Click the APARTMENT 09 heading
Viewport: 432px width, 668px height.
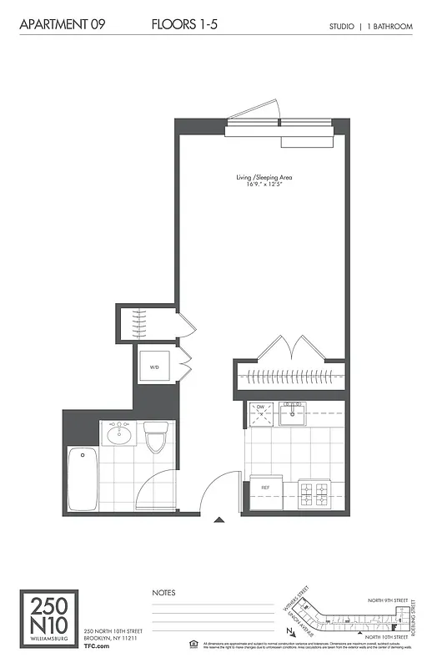[x=56, y=26]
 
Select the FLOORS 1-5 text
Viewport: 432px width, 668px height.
[x=186, y=26]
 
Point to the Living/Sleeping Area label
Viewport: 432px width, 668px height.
[x=263, y=177]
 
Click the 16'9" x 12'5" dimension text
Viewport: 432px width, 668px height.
[x=263, y=185]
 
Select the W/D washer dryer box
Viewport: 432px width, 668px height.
[x=155, y=367]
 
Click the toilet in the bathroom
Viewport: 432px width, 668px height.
[x=155, y=438]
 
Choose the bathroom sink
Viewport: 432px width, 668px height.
[x=120, y=435]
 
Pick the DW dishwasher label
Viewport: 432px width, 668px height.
[x=260, y=407]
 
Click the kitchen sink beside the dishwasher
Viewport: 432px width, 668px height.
[x=294, y=411]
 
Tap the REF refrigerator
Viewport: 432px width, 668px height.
[x=265, y=487]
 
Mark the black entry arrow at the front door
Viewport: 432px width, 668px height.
[x=219, y=519]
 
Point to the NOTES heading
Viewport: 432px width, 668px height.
[x=163, y=592]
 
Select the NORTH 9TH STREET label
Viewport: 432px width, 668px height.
[x=389, y=600]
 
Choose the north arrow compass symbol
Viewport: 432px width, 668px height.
[x=288, y=632]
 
